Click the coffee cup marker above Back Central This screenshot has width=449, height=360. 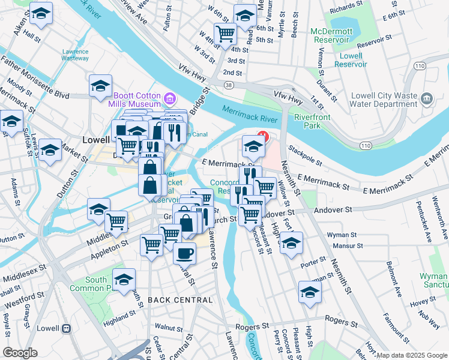pos(184,253)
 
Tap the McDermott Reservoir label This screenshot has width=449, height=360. pos(330,35)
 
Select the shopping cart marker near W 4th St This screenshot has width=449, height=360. pos(225,34)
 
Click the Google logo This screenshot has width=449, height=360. pos(20,353)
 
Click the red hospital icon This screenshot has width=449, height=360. pos(262,137)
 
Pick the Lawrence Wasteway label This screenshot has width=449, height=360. pos(75,55)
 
